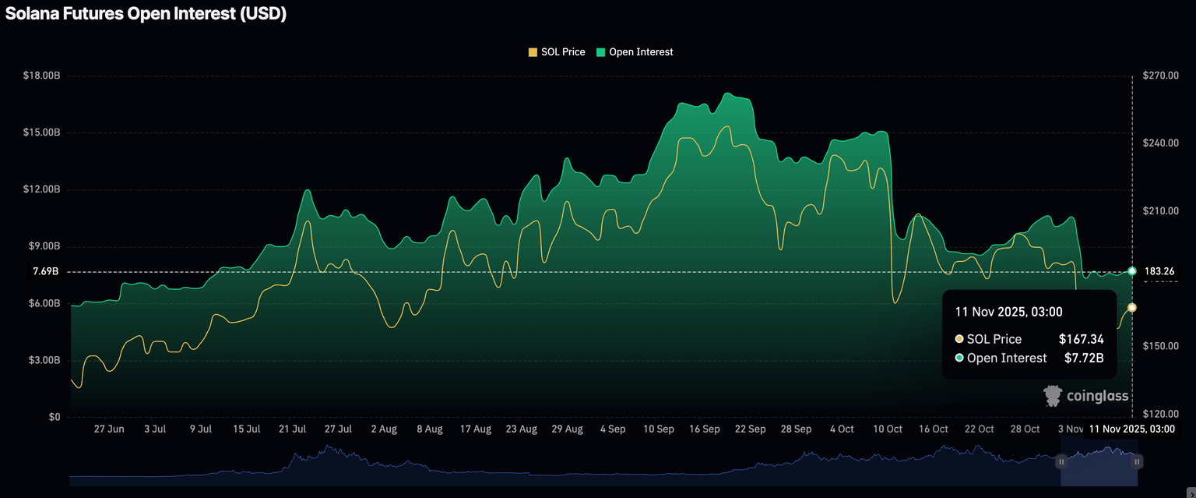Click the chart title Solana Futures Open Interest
(146, 14)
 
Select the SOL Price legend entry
(557, 52)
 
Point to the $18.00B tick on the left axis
(41, 76)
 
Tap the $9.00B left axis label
(41, 246)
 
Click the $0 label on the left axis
(53, 418)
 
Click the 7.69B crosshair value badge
(45, 272)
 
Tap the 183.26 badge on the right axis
(1159, 271)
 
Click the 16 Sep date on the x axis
(705, 429)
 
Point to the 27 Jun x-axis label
(109, 429)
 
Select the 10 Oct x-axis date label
(888, 429)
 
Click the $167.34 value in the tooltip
(1081, 339)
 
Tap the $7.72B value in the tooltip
(1084, 358)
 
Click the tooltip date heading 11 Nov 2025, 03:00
(1008, 312)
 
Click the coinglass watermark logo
(1086, 396)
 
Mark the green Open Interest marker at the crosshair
(1131, 271)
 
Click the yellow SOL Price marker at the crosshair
(1131, 308)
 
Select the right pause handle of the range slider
(1137, 462)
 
